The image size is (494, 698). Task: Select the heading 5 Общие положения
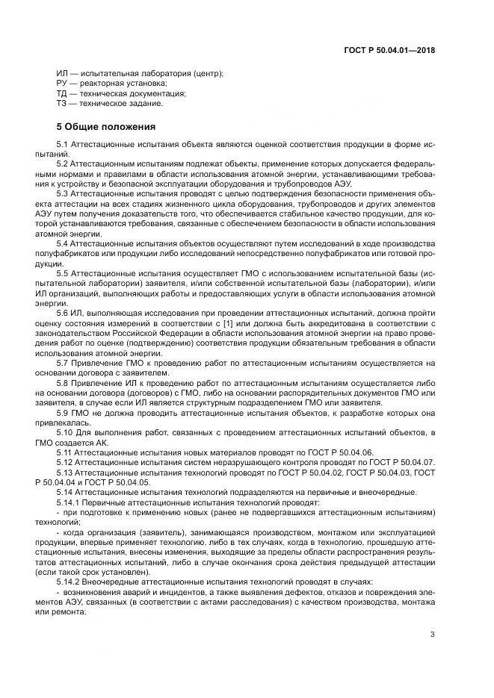click(106, 126)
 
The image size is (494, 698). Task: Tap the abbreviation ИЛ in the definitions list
click(62, 73)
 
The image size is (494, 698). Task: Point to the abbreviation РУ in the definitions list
click(62, 84)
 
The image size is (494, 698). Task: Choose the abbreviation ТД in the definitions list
click(62, 93)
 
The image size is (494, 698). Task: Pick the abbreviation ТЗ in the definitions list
click(62, 104)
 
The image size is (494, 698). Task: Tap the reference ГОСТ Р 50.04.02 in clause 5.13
click(284, 473)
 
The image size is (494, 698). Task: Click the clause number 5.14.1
click(70, 502)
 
